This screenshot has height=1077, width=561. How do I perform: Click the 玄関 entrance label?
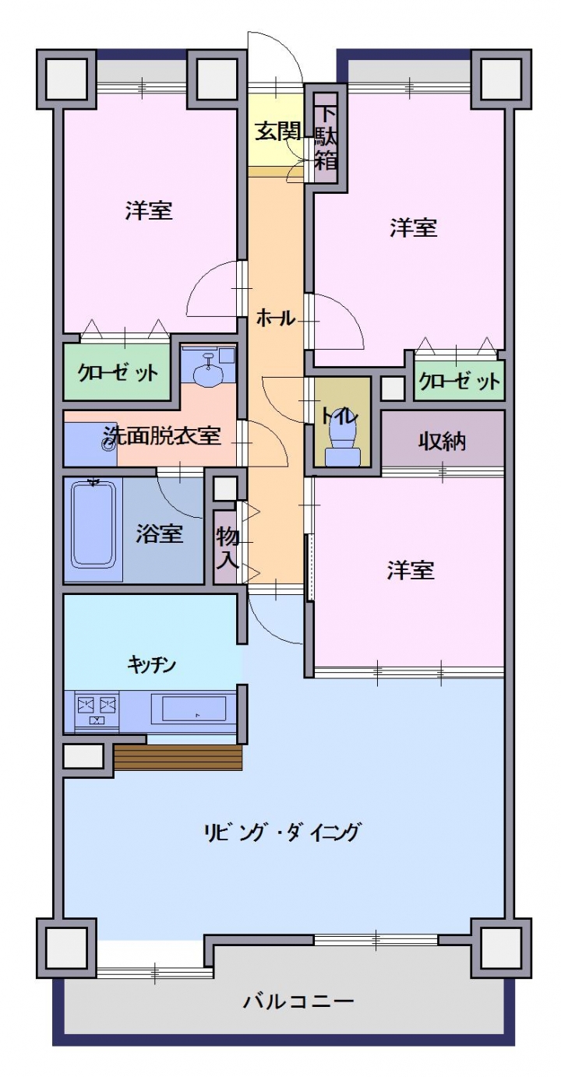[x=277, y=132]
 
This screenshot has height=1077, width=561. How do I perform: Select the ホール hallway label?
[x=276, y=318]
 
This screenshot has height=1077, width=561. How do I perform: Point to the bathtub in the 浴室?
[x=93, y=525]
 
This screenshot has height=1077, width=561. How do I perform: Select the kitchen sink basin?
[x=189, y=708]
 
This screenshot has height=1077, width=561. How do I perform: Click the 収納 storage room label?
[x=442, y=441]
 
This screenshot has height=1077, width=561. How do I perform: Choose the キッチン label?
[x=152, y=665]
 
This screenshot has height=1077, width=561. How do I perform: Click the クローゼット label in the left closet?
[x=118, y=372]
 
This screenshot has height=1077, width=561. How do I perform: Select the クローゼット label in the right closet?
[x=460, y=382]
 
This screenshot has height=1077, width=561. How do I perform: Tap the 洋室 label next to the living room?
[x=411, y=570]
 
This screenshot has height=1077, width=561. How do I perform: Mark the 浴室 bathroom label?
[x=159, y=533]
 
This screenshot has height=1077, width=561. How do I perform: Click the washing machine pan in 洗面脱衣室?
[x=90, y=444]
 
